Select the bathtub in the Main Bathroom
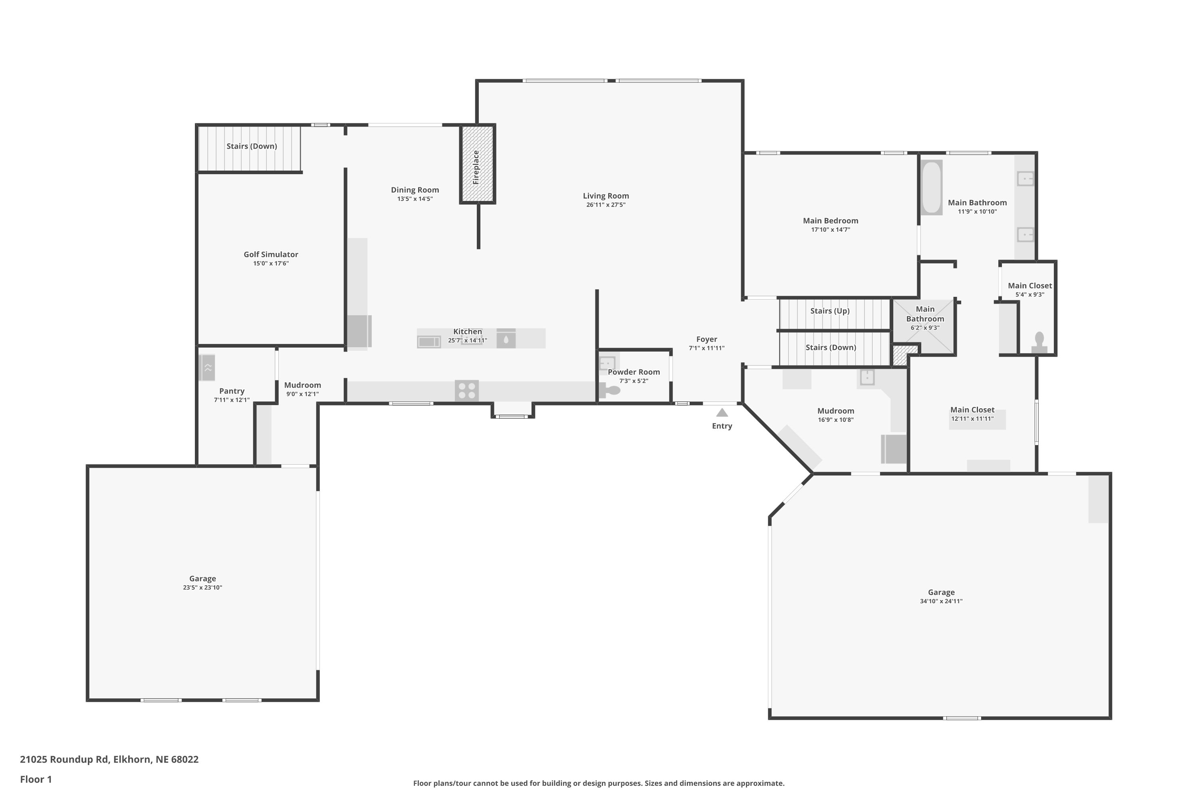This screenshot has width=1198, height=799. [932, 187]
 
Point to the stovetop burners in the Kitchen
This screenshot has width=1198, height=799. [466, 391]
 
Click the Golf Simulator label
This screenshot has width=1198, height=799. [271, 254]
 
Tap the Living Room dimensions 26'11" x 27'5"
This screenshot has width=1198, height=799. [606, 205]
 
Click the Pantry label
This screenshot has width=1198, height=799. [232, 391]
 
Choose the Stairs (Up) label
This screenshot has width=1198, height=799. [830, 311]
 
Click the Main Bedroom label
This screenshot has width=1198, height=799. [831, 221]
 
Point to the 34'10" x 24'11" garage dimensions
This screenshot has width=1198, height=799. [941, 601]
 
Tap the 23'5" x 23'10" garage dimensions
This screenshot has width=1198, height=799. [203, 588]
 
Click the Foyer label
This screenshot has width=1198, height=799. [706, 339]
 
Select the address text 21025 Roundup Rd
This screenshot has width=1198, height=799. [64, 759]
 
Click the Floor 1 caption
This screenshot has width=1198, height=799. [36, 779]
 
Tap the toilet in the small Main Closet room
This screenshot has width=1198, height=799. [1039, 342]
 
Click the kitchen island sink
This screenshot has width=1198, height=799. [506, 338]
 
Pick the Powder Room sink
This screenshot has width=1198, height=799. [607, 363]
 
